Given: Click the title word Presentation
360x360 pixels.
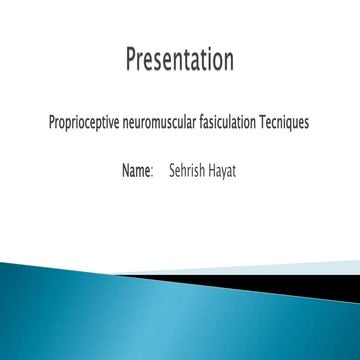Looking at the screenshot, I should coord(180,61).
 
